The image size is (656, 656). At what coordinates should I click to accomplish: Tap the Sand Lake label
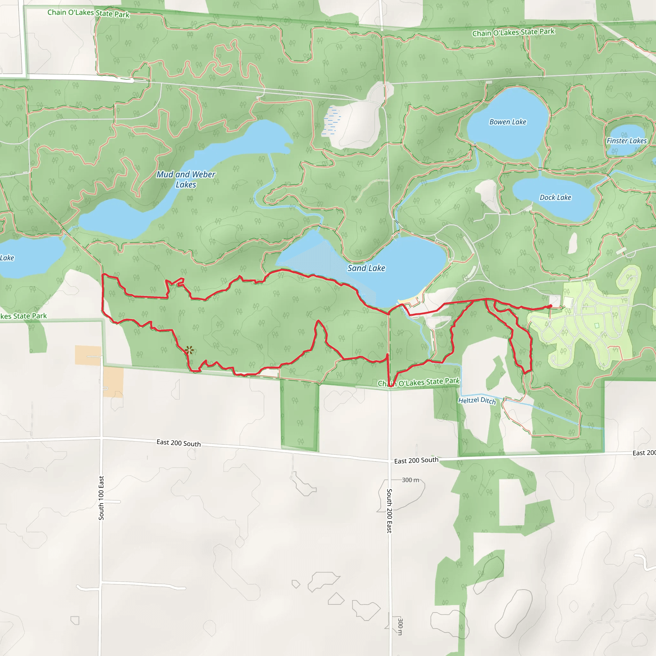pos(366,268)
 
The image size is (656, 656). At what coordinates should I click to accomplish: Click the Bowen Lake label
pos(508,122)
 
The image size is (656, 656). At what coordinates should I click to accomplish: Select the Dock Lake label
pos(555,197)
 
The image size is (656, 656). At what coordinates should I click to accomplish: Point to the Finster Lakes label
pos(627,141)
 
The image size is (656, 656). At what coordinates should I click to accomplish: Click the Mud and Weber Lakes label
pos(186,179)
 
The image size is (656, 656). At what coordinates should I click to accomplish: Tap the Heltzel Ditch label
pos(477,401)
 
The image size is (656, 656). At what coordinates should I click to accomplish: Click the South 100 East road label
pos(101,498)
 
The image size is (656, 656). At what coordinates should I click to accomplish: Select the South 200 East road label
pos(389,511)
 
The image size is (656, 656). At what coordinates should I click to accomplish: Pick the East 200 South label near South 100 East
pos(178,443)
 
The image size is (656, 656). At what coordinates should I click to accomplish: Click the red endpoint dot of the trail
pos(550,306)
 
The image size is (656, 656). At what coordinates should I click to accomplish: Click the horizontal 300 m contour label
pos(410,480)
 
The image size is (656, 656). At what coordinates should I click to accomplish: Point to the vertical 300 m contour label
pos(400,626)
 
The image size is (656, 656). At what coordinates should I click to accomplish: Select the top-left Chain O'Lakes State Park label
pos(88,13)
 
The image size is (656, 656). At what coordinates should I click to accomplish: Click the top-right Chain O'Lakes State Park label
pos(513,32)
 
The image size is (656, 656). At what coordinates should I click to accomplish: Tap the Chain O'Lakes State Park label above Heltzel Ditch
pos(418,382)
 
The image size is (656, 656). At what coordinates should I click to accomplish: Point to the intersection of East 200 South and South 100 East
pos(101,438)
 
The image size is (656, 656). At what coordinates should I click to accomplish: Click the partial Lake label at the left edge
pos(7,258)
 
